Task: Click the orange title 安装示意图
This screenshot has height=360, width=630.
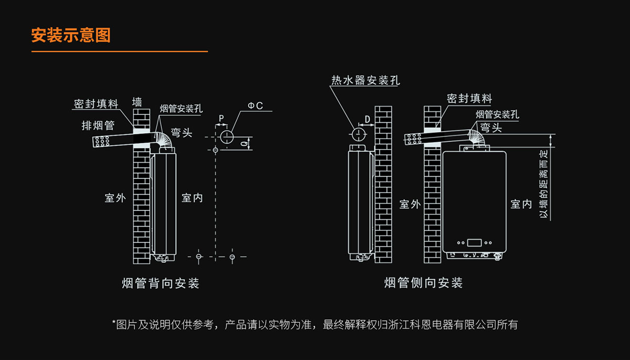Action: click(x=71, y=36)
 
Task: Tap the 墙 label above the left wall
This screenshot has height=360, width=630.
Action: click(x=137, y=101)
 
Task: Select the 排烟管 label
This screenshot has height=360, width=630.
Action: click(x=98, y=126)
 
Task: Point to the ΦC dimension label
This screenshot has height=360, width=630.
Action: click(x=256, y=106)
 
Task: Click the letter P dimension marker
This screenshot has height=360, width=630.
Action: click(x=222, y=118)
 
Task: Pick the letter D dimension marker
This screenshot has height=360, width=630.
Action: click(x=367, y=120)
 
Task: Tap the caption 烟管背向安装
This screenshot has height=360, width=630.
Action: click(x=161, y=283)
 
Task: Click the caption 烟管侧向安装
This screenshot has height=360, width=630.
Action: click(x=423, y=283)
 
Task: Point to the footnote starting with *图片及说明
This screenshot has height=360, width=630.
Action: click(x=315, y=325)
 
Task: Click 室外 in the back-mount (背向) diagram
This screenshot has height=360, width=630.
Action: click(x=115, y=198)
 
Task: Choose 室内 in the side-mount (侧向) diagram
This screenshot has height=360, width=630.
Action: click(x=521, y=204)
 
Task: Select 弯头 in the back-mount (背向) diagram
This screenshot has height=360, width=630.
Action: click(x=182, y=133)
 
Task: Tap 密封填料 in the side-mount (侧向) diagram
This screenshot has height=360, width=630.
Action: click(x=469, y=99)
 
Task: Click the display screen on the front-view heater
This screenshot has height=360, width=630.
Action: click(x=474, y=242)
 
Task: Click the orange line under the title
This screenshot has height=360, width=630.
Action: click(x=120, y=52)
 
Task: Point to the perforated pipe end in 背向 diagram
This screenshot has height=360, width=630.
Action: click(x=102, y=142)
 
